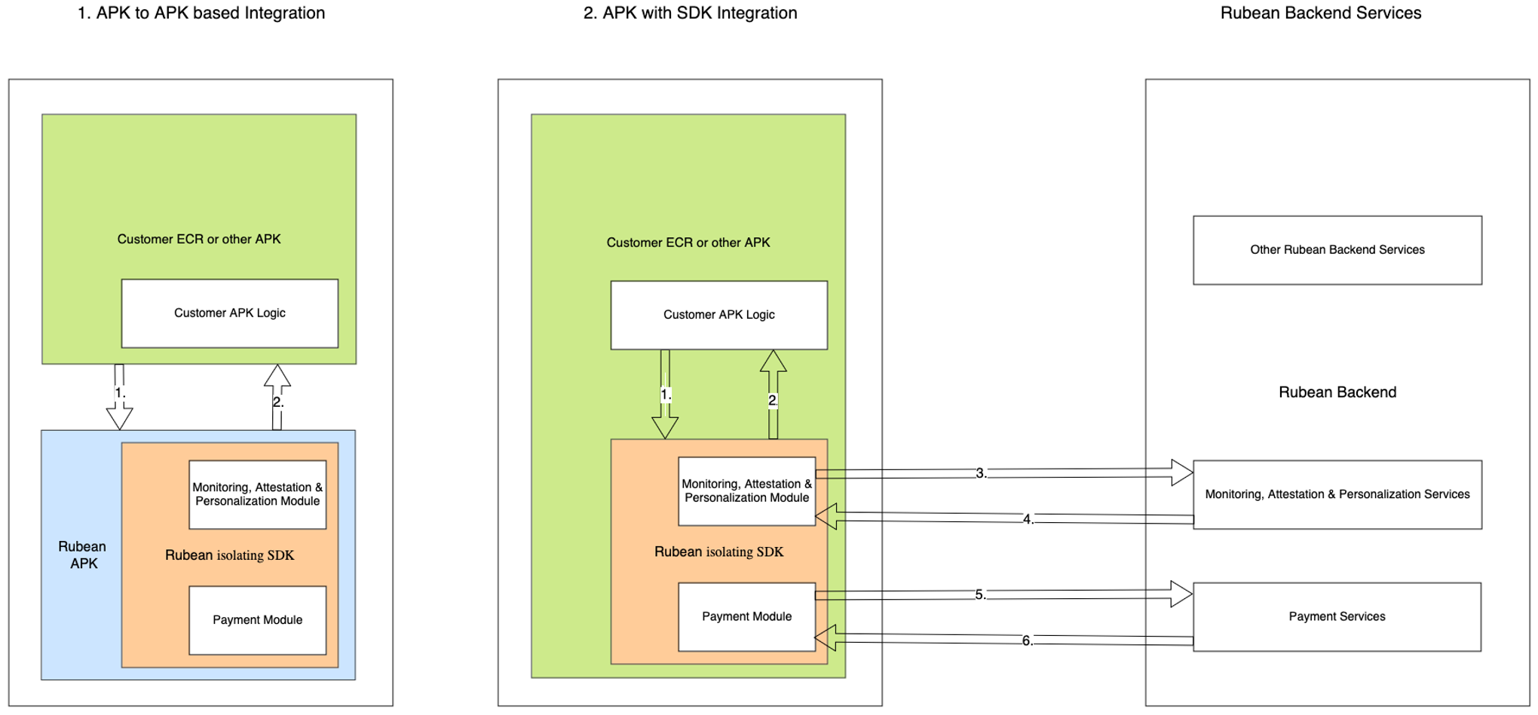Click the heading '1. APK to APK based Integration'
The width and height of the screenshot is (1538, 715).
[201, 13]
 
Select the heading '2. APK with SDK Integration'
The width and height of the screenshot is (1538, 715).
[690, 13]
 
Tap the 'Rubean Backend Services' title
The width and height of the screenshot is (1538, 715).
[1320, 13]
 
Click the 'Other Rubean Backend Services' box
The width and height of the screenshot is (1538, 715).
[1337, 250]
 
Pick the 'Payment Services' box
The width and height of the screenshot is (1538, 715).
[1337, 616]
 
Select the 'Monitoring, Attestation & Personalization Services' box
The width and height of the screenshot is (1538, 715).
[1337, 494]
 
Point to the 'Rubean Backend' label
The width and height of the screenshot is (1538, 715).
[1337, 392]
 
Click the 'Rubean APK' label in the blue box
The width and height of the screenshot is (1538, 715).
[83, 555]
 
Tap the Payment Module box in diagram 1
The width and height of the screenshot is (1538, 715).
[257, 620]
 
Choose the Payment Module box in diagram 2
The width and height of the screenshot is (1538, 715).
[746, 616]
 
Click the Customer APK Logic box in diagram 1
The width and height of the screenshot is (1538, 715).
[229, 313]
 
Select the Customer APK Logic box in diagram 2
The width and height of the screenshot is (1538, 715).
[718, 315]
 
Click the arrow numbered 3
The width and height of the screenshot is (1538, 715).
[1003, 473]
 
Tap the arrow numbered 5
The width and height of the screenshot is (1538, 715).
[1003, 594]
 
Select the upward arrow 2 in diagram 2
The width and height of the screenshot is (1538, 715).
[773, 396]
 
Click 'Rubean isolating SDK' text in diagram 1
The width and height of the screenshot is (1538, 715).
[229, 555]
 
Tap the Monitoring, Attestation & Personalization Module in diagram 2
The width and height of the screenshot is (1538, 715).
[746, 490]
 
